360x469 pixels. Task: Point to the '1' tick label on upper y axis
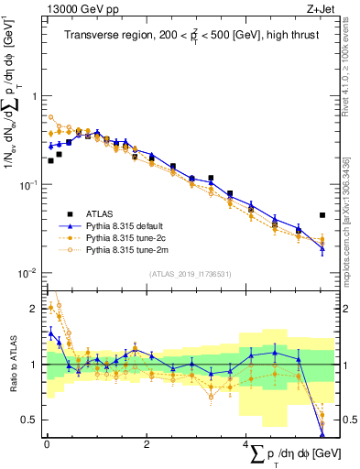point(34,96)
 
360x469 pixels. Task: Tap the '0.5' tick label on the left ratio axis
point(29,420)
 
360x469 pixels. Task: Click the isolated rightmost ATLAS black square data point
point(322,215)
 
